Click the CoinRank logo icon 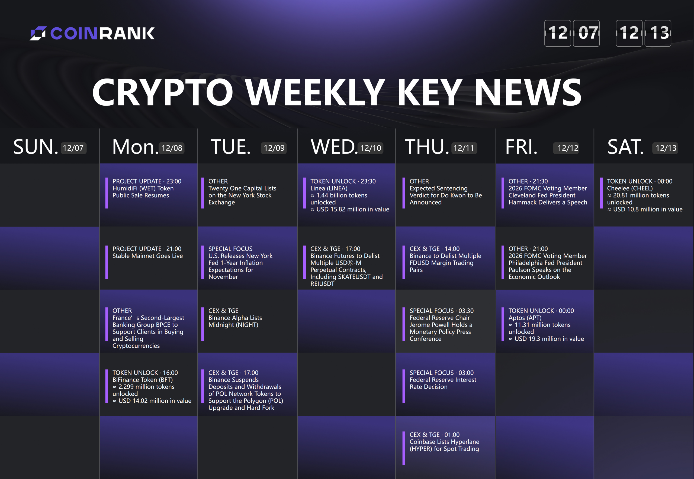point(38,33)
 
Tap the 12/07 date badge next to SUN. point(74,148)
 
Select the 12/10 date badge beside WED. point(370,148)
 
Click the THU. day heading point(427,147)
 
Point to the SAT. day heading point(625,147)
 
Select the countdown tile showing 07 point(586,33)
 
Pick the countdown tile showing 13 point(658,33)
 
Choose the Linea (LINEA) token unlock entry point(350,195)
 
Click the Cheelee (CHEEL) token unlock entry point(645,195)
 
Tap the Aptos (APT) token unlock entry point(546,325)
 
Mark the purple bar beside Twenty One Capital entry point(203,193)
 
